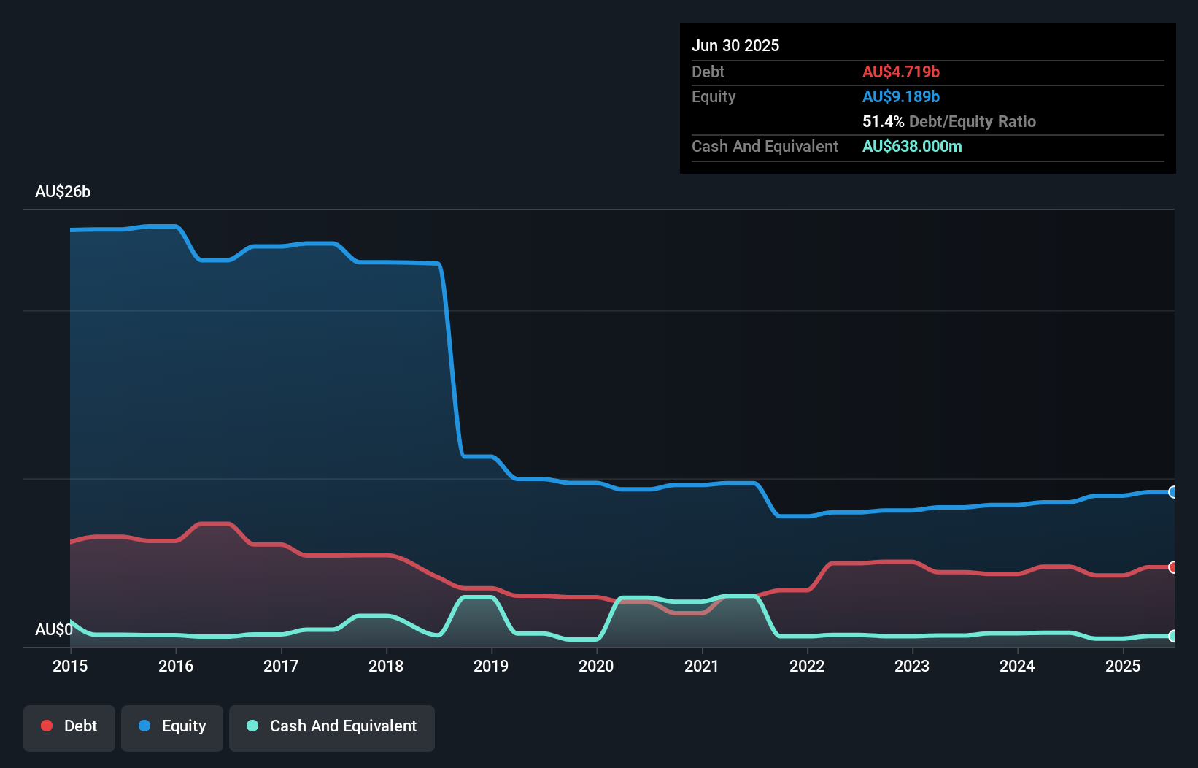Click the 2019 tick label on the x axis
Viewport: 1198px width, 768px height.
coord(491,666)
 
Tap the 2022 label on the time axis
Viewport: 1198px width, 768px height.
coord(807,666)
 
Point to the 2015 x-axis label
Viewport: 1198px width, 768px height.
coord(70,666)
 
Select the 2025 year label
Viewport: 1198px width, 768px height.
coord(1123,666)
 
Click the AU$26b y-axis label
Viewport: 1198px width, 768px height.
coord(63,191)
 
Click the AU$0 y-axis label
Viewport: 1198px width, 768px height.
coord(53,629)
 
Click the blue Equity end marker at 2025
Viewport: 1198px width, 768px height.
coord(1172,492)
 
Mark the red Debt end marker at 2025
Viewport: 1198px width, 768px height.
coord(1172,567)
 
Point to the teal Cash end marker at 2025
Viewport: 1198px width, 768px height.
coord(1172,636)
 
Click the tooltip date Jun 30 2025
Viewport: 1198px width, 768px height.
coord(735,45)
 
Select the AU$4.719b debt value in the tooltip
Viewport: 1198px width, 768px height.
coord(900,72)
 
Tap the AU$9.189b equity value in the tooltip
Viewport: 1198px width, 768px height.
coord(900,96)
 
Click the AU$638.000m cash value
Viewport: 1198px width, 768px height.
coord(912,146)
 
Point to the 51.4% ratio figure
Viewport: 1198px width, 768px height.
coord(883,121)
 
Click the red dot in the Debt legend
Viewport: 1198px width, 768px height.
coord(47,726)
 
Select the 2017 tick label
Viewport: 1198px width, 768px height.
coord(281,666)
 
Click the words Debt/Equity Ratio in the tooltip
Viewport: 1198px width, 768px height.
coord(972,121)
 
